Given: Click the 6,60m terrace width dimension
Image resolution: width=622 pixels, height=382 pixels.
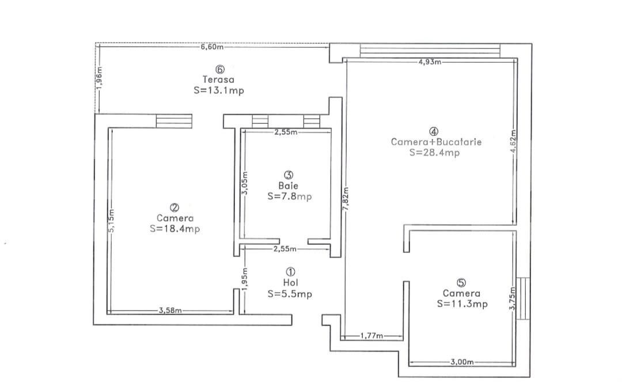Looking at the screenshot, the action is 212,47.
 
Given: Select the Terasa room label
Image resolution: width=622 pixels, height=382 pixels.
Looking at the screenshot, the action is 219,80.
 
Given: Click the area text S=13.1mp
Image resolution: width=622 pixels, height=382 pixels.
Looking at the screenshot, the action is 219,90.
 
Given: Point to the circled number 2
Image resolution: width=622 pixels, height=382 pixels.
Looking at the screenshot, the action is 174,207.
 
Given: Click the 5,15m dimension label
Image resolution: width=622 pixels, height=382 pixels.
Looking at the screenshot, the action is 111,221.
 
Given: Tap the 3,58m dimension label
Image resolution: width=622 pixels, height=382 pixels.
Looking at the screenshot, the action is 170,311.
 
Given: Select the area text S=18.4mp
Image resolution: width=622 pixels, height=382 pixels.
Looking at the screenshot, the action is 175,229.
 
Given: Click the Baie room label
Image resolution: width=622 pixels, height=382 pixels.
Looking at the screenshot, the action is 289,186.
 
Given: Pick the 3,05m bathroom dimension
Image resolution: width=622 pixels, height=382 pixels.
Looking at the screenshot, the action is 245,183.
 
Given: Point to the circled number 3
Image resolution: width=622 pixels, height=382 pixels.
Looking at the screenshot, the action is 289,175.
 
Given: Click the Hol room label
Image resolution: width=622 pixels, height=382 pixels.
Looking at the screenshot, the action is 290,283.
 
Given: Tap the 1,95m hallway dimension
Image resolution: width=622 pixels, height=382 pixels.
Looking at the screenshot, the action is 245,279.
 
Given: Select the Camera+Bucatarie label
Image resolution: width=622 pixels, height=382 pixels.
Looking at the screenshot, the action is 437,142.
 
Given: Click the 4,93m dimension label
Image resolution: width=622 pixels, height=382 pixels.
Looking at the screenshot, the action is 430,62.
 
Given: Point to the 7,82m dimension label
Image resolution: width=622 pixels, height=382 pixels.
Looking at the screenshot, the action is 346,198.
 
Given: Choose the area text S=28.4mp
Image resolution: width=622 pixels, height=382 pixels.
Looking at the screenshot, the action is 435,153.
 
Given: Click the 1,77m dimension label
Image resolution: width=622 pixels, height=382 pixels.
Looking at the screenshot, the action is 371,336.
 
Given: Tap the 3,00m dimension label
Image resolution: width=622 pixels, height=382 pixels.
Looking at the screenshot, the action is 462,362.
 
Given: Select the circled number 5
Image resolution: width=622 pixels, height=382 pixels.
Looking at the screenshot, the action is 461,283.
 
